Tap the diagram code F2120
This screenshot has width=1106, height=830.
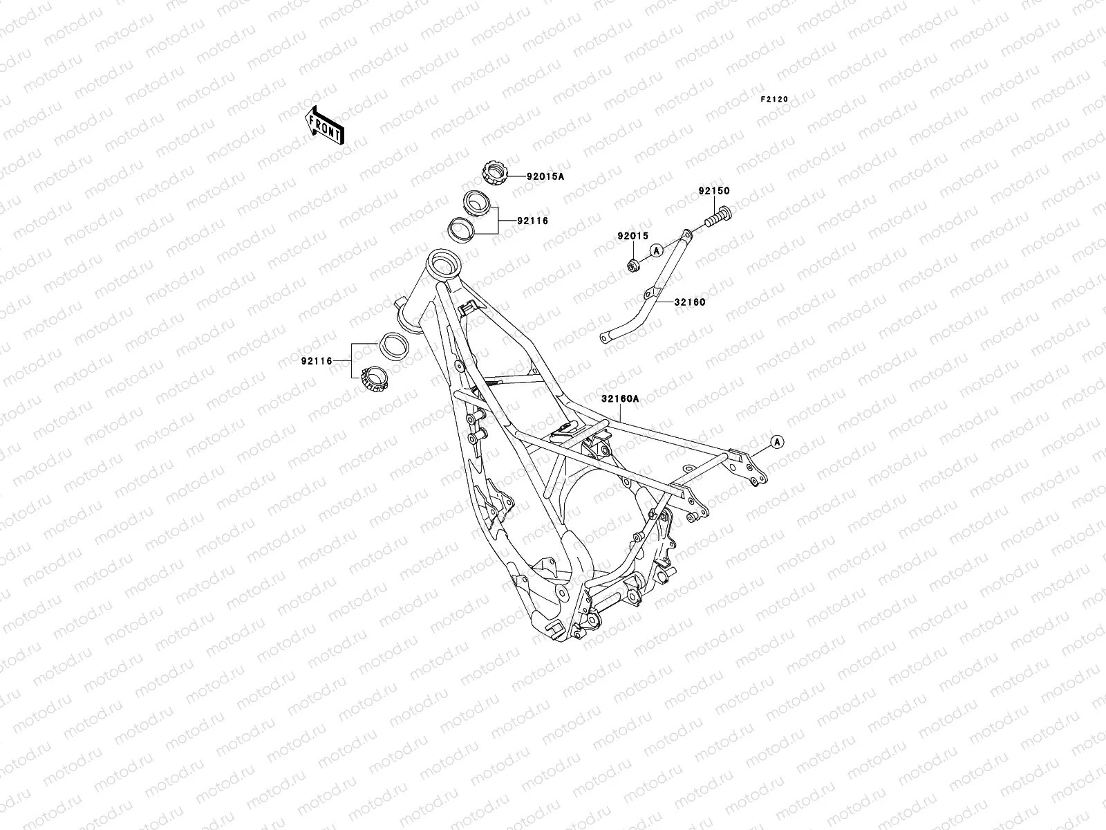pos(774,99)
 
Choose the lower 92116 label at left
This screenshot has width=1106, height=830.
pos(317,360)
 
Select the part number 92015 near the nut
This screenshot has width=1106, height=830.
pos(632,236)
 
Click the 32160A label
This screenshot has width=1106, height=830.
pos(620,398)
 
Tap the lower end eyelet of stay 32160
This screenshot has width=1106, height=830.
pos(605,338)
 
